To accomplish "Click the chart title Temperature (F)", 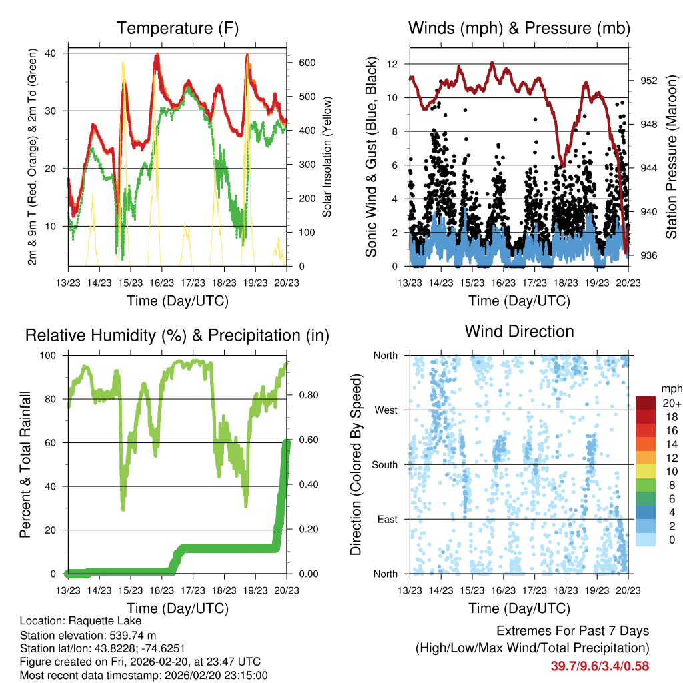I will (x=177, y=28).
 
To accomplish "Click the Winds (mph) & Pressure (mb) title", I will (x=519, y=28).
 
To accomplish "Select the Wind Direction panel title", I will (x=519, y=331).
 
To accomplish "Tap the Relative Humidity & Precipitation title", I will (x=177, y=335).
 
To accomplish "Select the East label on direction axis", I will (x=386, y=519).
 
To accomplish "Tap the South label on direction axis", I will (x=384, y=464).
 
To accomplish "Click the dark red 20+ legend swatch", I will (x=646, y=403).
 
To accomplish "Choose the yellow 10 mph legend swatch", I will (x=646, y=472).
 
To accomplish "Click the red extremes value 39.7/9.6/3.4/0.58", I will (x=600, y=666).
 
